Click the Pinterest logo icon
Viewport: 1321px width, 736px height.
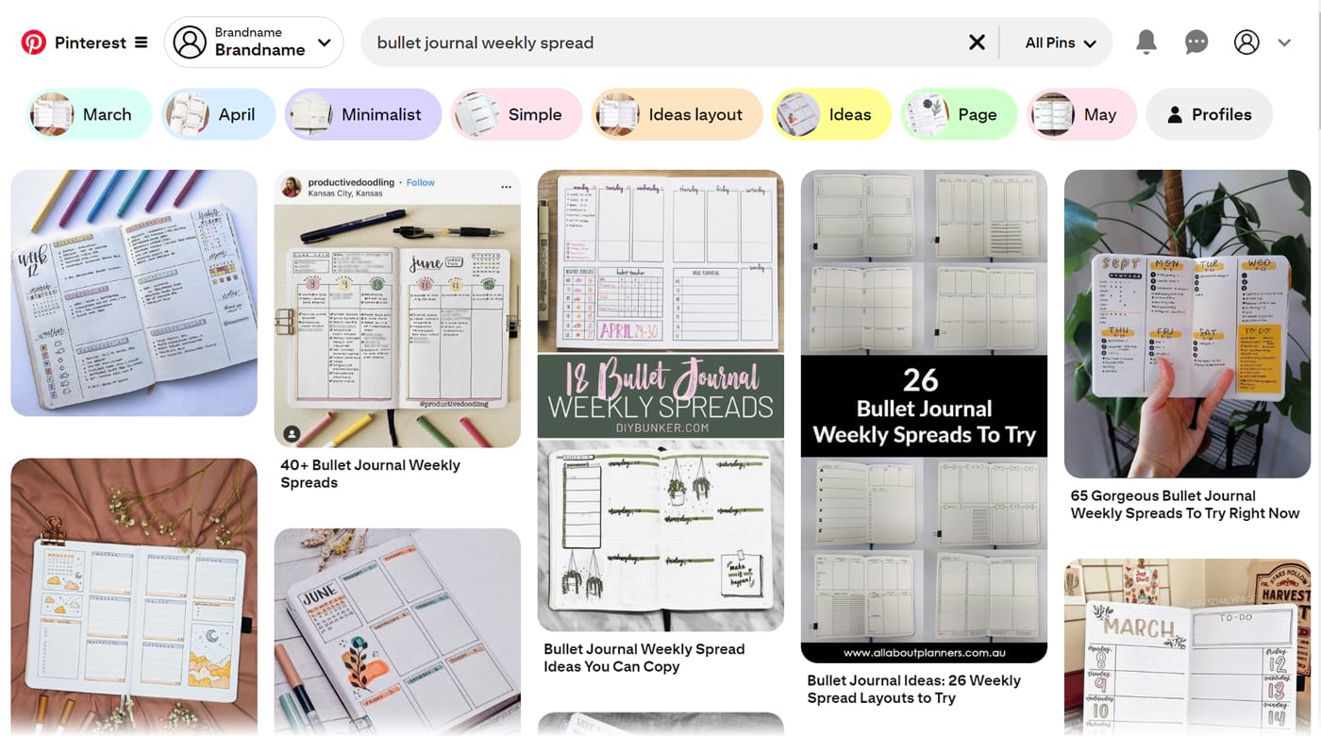click(33, 42)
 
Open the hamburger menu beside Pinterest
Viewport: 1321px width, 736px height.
click(142, 42)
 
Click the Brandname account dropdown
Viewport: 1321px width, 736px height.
click(254, 42)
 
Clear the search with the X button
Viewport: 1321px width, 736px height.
click(977, 42)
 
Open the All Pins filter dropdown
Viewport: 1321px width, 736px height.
click(1060, 42)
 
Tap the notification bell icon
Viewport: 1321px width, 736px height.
click(1145, 42)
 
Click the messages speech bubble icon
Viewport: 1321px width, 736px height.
click(1196, 42)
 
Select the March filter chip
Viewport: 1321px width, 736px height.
click(89, 114)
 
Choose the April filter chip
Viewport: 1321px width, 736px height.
click(218, 114)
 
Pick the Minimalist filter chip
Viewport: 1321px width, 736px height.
click(363, 114)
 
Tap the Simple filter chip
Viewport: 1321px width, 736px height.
click(516, 114)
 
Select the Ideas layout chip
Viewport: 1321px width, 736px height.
click(677, 114)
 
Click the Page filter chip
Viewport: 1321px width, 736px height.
click(959, 114)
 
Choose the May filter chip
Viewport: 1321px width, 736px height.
click(1081, 114)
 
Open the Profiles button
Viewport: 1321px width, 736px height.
click(1209, 114)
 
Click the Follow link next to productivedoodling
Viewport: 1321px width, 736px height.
click(421, 182)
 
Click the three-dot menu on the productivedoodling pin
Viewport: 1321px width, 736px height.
click(506, 187)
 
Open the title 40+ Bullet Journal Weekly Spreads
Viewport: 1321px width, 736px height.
click(370, 474)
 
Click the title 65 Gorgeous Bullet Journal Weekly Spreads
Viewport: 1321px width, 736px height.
click(1184, 505)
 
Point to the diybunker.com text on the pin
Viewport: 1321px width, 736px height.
click(660, 427)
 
